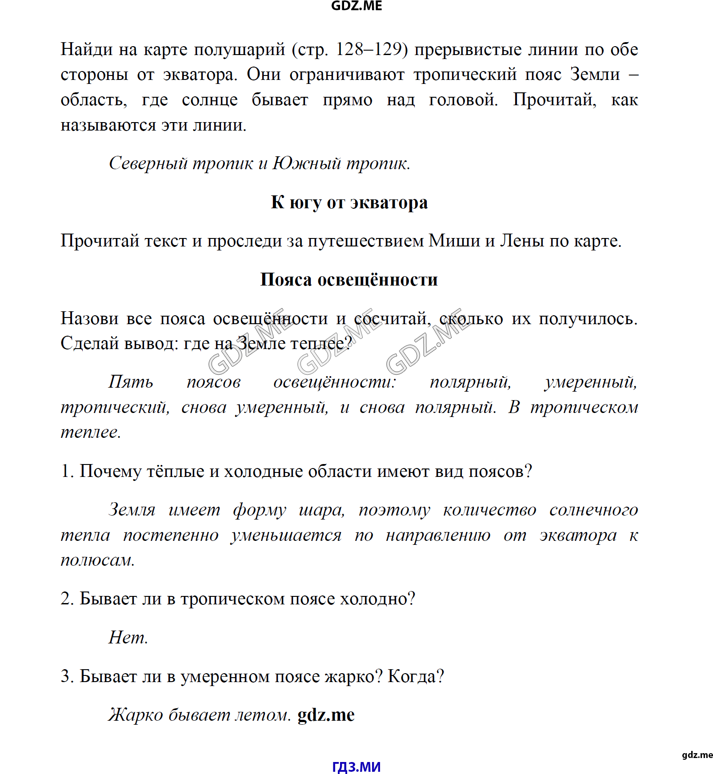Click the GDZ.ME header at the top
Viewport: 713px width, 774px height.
point(356,6)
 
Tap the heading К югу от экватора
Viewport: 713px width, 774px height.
point(349,202)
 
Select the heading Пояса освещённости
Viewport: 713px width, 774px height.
point(349,280)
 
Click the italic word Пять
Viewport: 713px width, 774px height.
point(131,382)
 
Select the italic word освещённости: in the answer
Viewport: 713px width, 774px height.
point(334,382)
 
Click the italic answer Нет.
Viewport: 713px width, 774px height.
point(128,638)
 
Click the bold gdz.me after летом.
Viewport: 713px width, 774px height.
point(326,715)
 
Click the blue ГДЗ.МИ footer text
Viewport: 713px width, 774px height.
point(356,767)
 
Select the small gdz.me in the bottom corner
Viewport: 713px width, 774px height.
point(697,755)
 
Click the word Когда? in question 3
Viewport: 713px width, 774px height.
point(416,677)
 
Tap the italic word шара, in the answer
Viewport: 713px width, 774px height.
point(322,510)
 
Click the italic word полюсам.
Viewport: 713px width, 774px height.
point(98,560)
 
